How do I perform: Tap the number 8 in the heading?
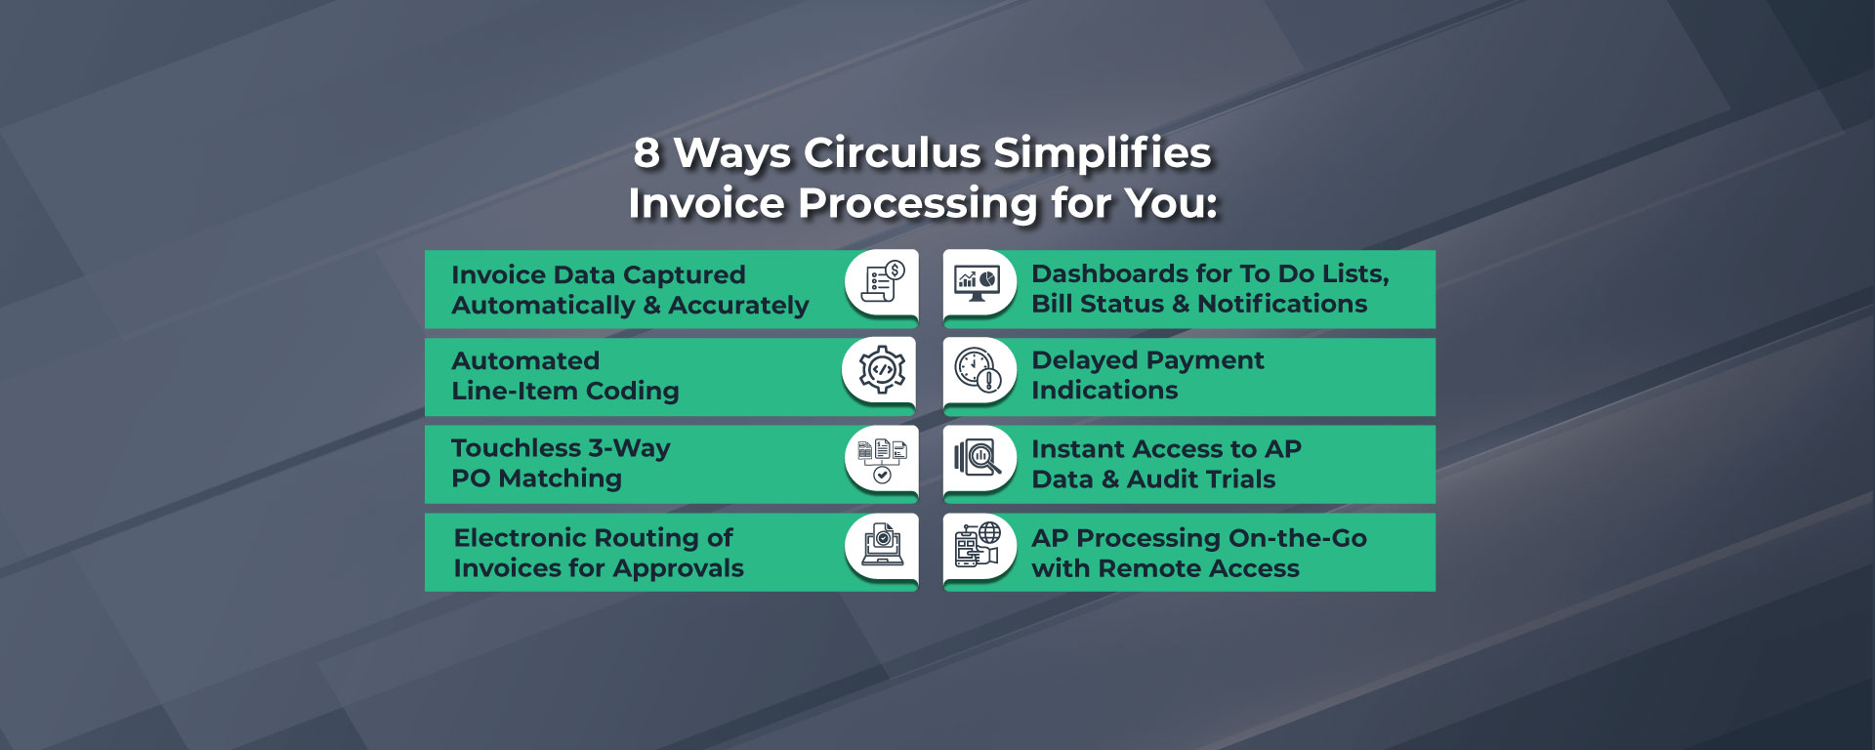[x=646, y=152]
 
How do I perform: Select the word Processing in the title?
[x=917, y=205]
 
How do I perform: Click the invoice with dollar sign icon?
[x=883, y=282]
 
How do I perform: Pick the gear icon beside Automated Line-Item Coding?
[x=881, y=369]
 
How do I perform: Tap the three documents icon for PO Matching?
[x=882, y=460]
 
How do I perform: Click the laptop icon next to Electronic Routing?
[x=882, y=547]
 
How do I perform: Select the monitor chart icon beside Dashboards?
[x=978, y=283]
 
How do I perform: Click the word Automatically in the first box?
[x=543, y=307]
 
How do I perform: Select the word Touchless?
[x=517, y=448]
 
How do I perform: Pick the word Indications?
[x=1104, y=391]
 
